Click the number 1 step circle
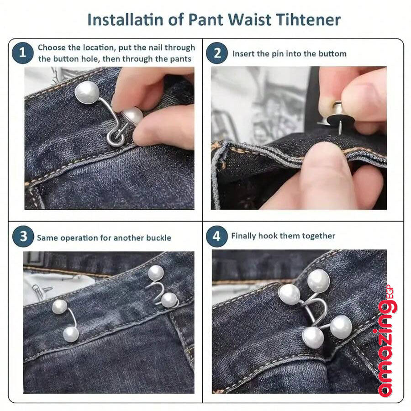[22, 53]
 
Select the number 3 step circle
[23, 236]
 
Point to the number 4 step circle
[216, 236]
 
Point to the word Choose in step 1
[52, 47]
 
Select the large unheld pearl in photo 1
[87, 92]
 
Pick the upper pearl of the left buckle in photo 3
[59, 307]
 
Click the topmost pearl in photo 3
[156, 273]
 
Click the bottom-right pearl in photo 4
[341, 327]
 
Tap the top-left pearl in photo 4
[289, 295]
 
